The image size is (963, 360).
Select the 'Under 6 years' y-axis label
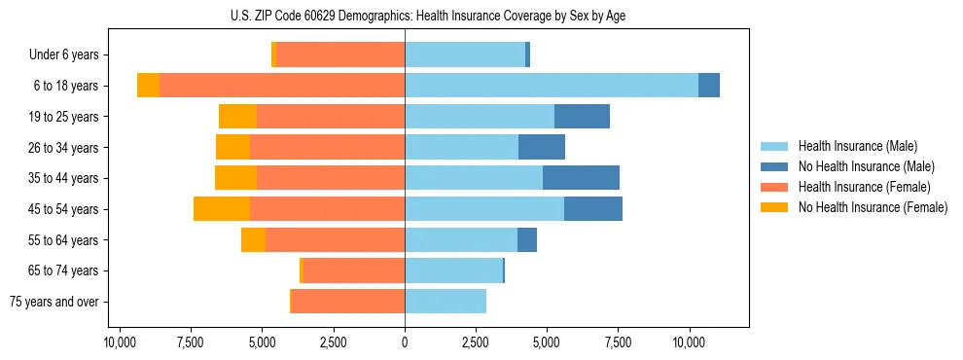click(70, 55)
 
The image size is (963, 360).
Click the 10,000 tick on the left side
click(119, 343)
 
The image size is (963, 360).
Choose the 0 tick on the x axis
click(405, 343)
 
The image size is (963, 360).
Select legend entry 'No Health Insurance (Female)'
click(873, 207)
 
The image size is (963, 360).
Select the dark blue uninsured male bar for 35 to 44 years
click(581, 178)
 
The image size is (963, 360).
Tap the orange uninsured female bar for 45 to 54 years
click(222, 209)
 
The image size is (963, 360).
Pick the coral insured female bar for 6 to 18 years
click(282, 86)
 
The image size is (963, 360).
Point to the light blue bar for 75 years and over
click(446, 302)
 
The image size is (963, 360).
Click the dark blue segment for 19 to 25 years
click(582, 117)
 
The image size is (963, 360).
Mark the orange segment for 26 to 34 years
click(232, 147)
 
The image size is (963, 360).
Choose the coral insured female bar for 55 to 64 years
click(335, 239)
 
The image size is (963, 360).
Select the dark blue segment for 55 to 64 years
click(527, 239)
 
